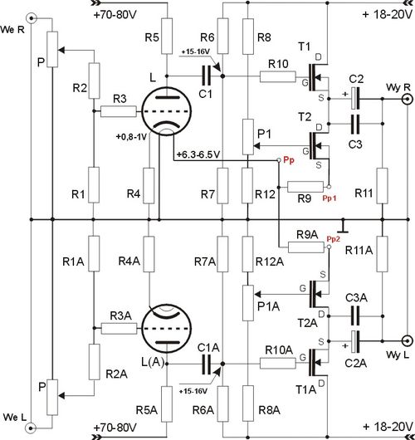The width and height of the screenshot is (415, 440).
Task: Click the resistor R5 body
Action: (x=167, y=36)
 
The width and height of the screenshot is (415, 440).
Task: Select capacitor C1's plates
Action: (x=206, y=76)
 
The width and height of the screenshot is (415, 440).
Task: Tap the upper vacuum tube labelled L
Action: (x=166, y=111)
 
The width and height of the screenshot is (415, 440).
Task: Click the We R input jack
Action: (x=32, y=18)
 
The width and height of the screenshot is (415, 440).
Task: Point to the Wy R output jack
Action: (x=408, y=99)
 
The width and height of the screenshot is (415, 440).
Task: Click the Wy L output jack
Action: (x=408, y=341)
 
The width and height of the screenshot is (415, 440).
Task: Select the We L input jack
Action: (x=32, y=428)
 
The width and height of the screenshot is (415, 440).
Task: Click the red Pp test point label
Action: (x=289, y=160)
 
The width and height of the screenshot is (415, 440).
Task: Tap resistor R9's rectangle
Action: (x=305, y=187)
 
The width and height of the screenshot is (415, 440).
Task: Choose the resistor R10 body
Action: (x=278, y=76)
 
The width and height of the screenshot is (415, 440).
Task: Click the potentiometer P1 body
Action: (x=248, y=137)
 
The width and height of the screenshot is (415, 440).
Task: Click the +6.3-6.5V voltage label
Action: (x=198, y=154)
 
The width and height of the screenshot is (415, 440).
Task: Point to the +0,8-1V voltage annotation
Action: (x=131, y=137)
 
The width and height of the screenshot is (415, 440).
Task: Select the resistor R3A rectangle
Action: (x=119, y=328)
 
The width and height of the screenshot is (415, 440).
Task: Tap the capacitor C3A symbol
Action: (x=355, y=315)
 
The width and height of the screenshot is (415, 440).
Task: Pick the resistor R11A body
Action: (x=382, y=254)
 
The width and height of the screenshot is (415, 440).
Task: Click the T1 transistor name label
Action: (x=304, y=46)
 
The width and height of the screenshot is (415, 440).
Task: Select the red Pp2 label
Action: (x=334, y=239)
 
